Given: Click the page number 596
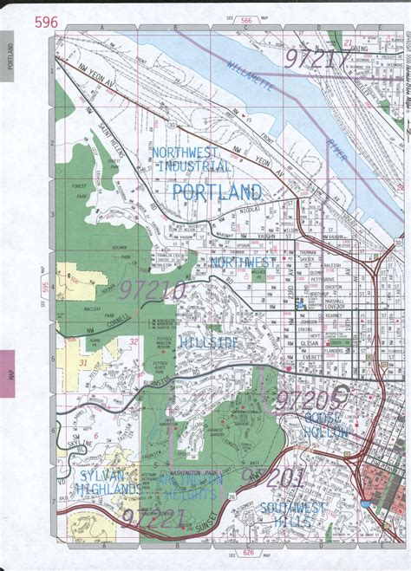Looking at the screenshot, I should pos(47,23).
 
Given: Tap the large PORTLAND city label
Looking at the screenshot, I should pos(217,191).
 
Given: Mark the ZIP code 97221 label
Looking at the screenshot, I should pos(153,519).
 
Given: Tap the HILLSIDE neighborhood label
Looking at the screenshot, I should pos(209,344).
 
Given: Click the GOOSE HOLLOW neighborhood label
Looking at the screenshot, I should pos(325,425).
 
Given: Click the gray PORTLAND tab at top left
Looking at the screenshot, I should pos(8,56).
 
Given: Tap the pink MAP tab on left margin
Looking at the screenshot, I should pos(8,373).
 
